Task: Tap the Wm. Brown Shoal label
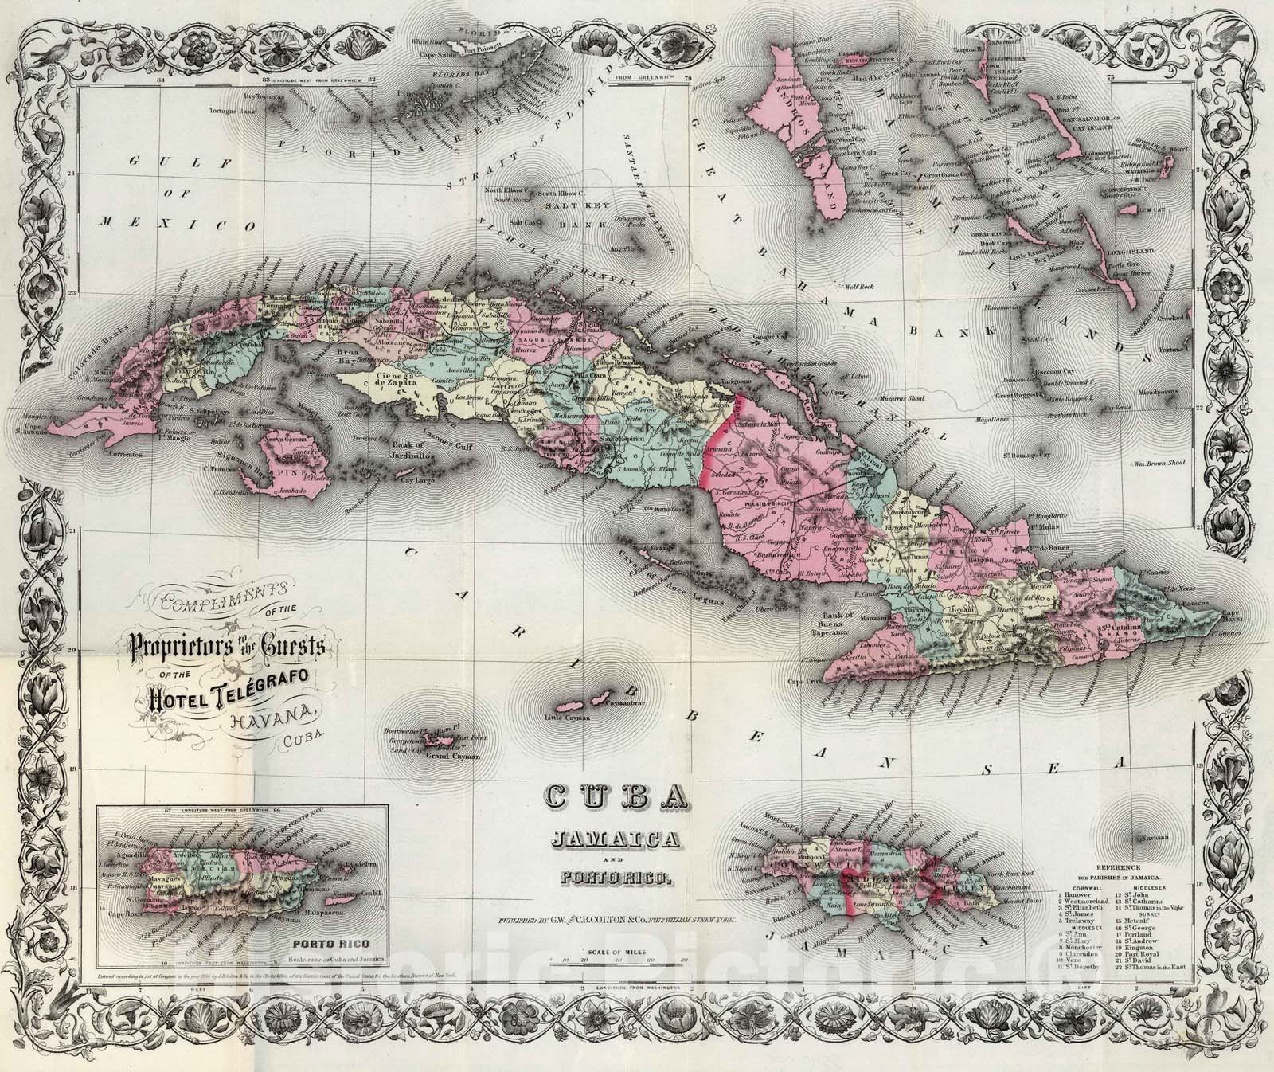[x=1162, y=463]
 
